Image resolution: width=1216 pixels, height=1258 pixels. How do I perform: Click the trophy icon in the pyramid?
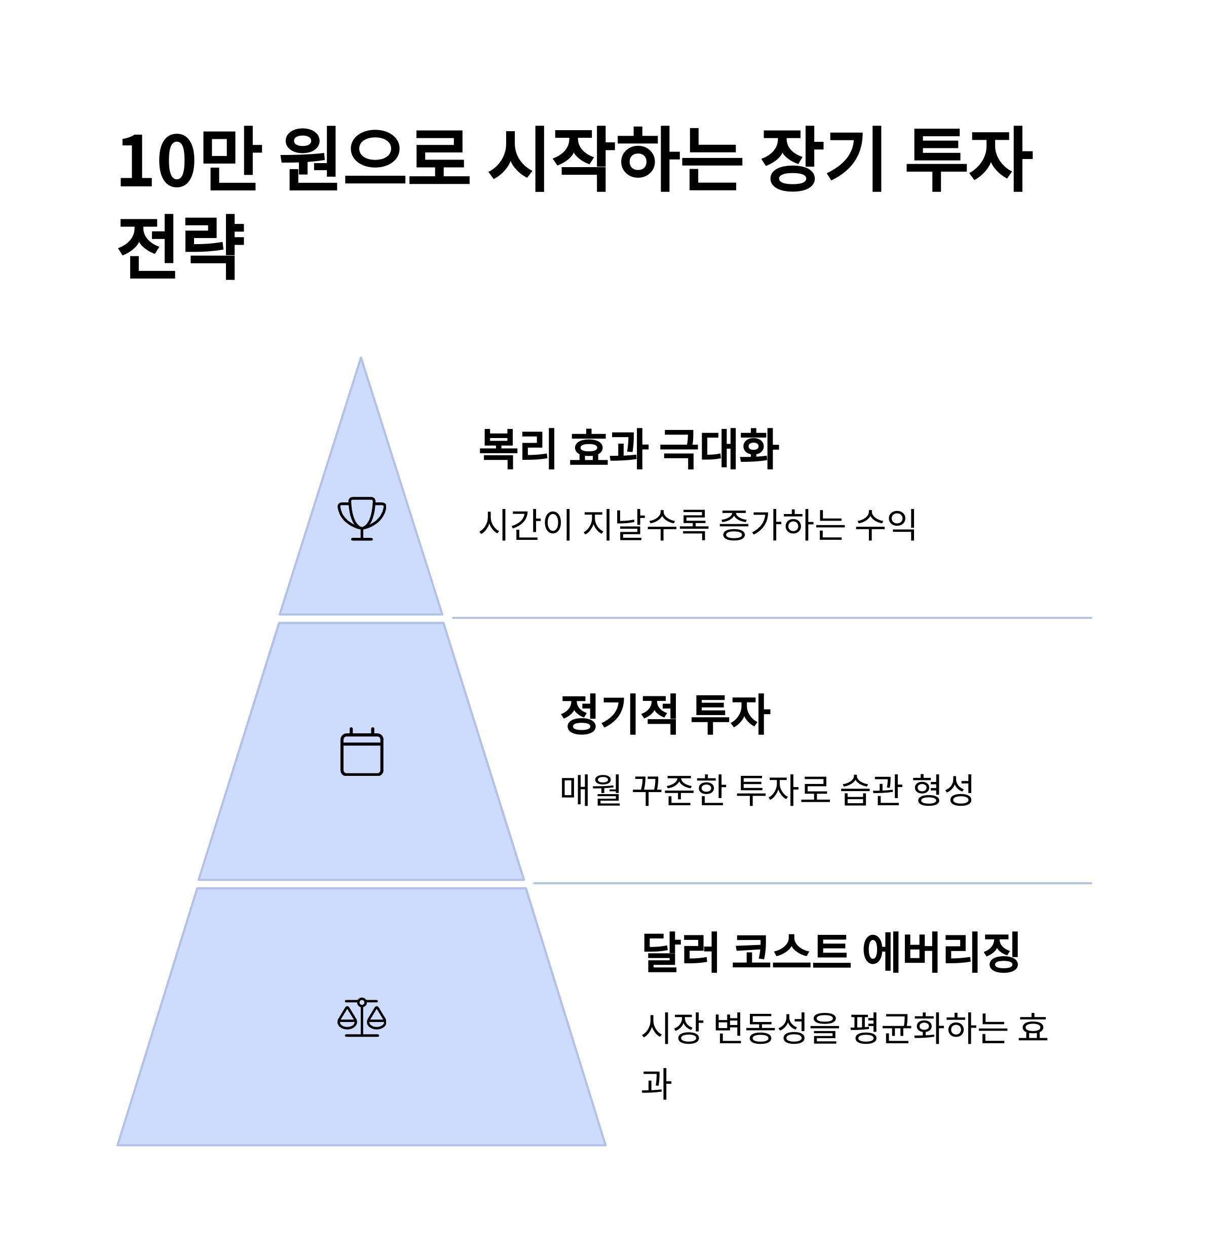click(361, 519)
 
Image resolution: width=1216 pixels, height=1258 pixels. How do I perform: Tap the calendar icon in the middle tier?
click(361, 752)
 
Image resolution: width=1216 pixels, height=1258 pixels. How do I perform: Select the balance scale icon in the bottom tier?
click(361, 1017)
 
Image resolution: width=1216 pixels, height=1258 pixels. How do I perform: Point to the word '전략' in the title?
click(181, 247)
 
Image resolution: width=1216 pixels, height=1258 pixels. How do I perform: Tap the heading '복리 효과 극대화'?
click(629, 449)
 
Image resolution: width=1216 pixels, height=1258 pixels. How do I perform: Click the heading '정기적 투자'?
click(665, 715)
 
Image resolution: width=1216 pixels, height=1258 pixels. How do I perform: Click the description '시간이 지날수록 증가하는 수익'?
click(697, 524)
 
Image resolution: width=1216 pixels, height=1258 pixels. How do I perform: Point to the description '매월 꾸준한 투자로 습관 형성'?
click(767, 790)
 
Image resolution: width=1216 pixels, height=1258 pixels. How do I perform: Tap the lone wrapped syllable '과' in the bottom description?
click(656, 1083)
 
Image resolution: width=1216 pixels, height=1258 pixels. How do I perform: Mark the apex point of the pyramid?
click(361, 358)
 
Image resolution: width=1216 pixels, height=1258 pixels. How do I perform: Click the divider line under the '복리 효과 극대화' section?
click(772, 618)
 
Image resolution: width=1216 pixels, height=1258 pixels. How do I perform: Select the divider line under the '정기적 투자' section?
click(812, 883)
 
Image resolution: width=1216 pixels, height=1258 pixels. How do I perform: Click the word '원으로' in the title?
click(375, 159)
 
